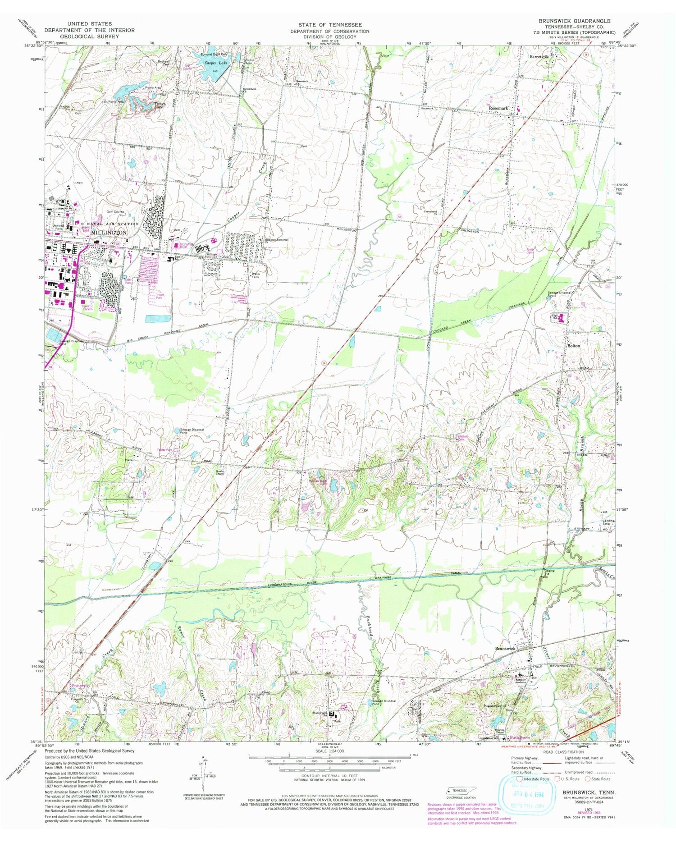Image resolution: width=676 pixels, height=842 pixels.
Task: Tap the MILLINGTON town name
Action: click(x=110, y=232)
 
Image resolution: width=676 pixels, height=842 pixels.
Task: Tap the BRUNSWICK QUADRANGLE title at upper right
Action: click(x=573, y=21)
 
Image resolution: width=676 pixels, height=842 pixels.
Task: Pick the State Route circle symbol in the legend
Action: click(x=588, y=778)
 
